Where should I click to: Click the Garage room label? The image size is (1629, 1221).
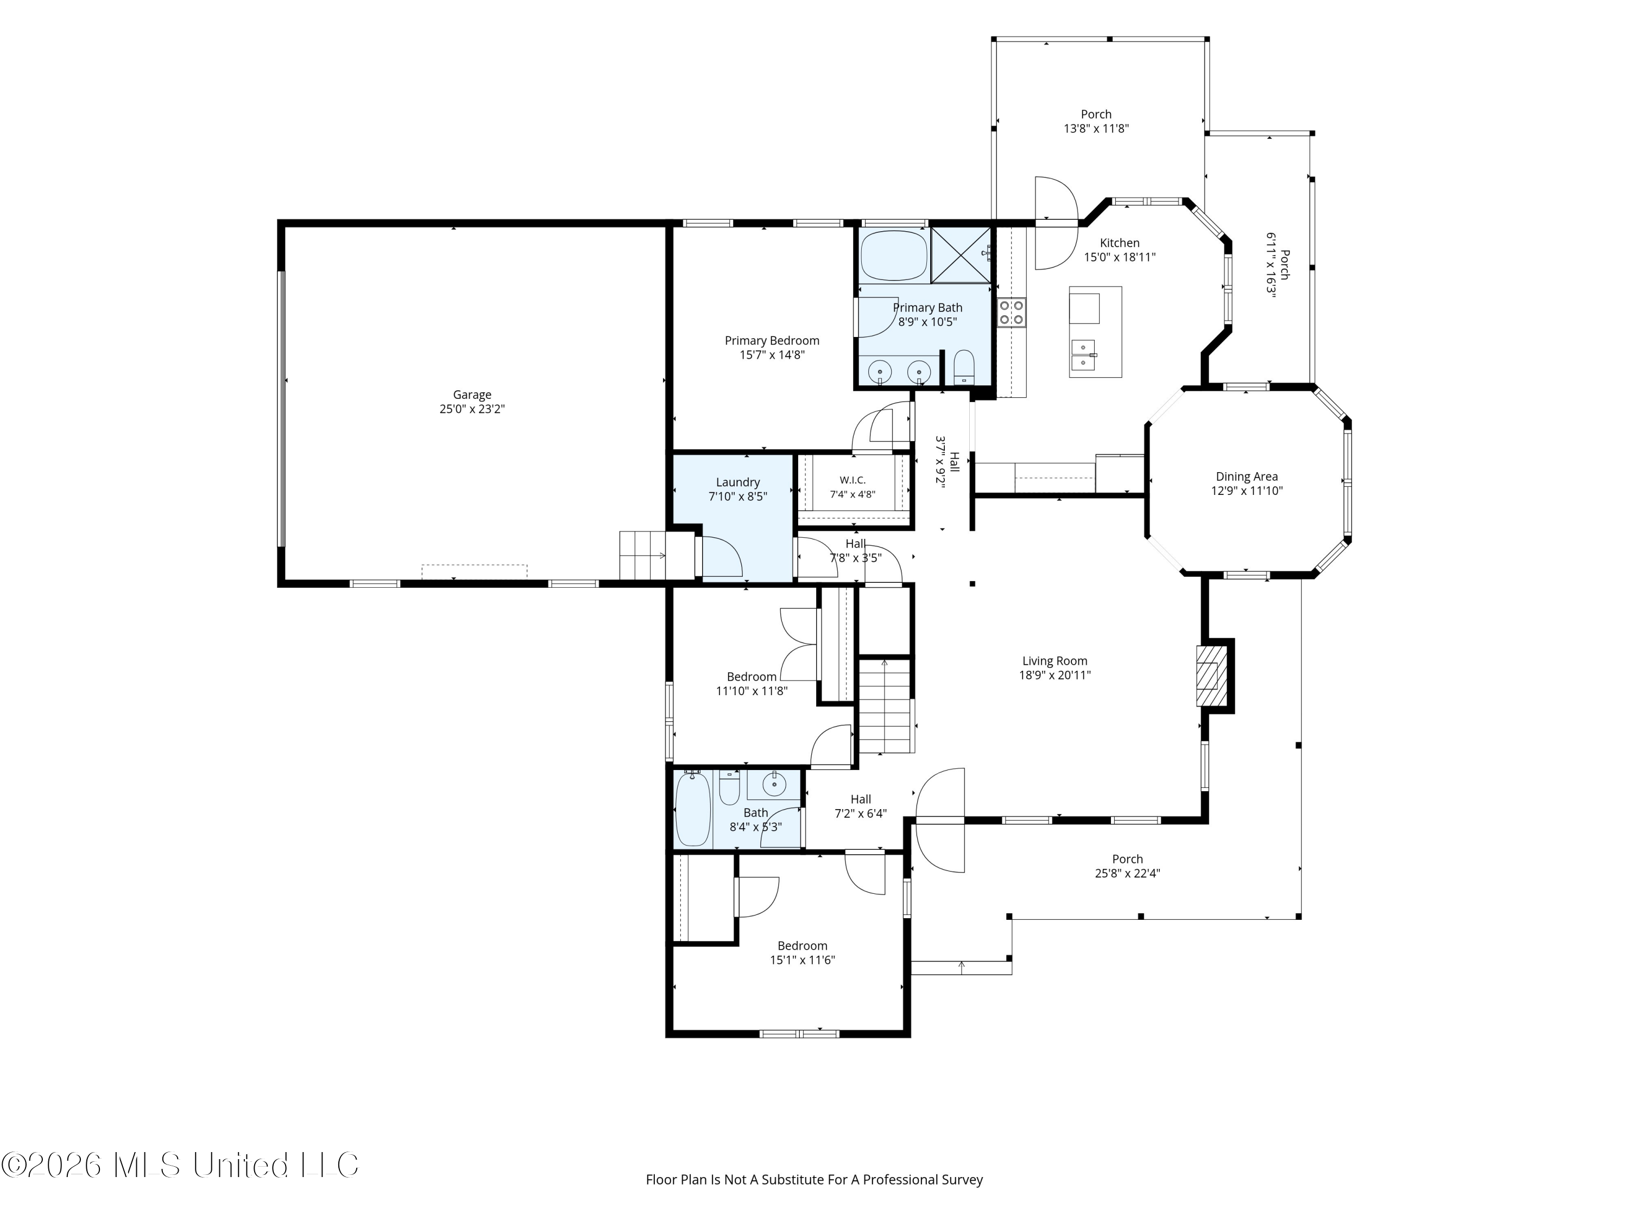coord(472,395)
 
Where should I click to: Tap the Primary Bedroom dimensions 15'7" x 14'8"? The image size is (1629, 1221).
coord(772,355)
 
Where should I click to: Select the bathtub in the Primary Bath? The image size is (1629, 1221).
coord(894,256)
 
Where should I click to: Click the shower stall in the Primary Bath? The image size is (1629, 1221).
coord(961,255)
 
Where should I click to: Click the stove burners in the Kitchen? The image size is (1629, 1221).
coord(1011,312)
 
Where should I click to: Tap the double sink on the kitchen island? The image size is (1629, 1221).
coord(1083,355)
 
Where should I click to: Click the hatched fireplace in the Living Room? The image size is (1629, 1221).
coord(1207,676)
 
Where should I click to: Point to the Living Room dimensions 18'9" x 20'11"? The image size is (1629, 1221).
coord(1055,676)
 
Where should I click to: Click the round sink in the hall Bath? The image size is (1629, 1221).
coord(774,785)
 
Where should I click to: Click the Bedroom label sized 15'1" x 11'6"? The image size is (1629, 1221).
coord(803,946)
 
